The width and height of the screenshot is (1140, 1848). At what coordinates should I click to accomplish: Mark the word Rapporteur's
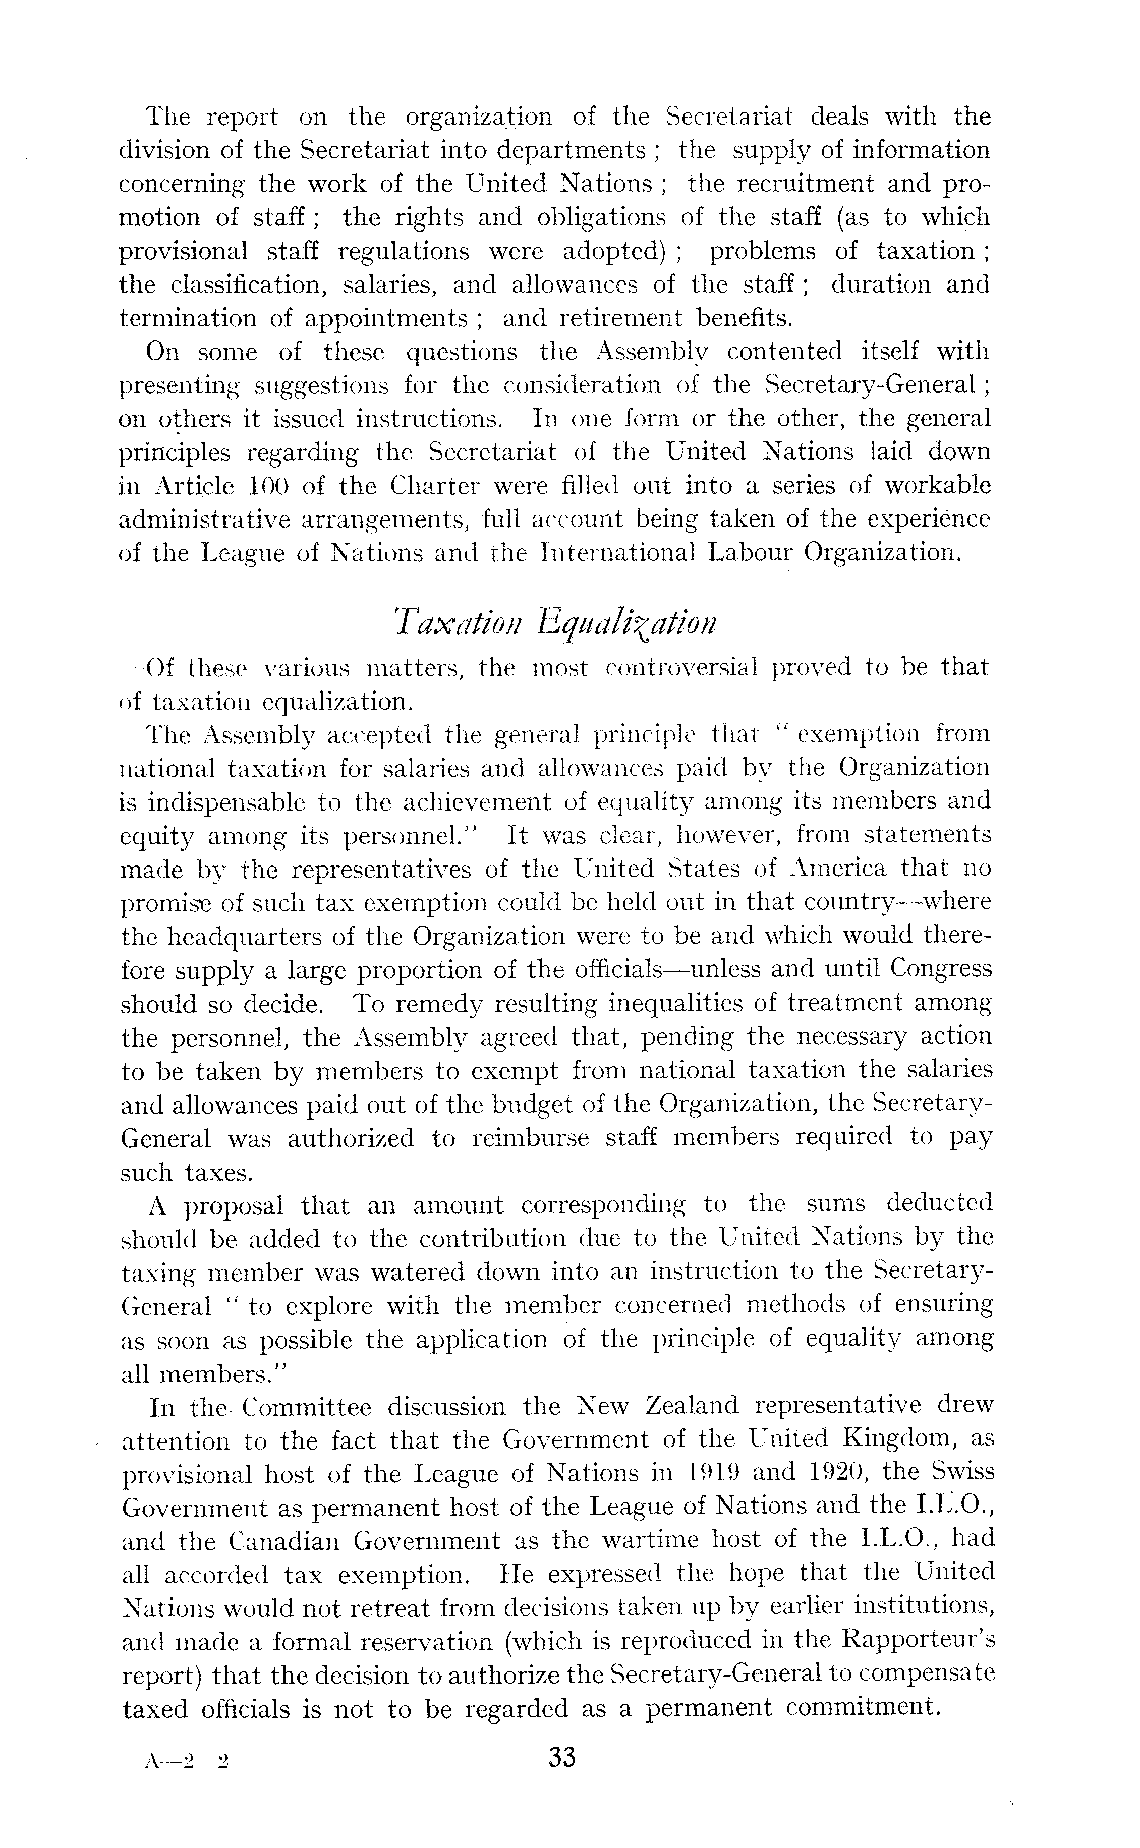pos(920,1641)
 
